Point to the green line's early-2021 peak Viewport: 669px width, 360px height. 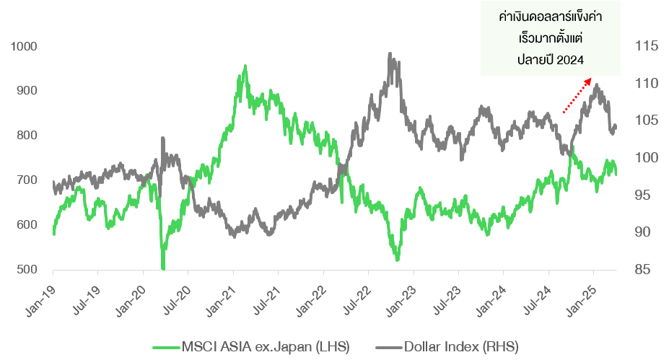tap(245, 66)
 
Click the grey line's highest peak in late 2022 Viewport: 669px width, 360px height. tap(390, 54)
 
